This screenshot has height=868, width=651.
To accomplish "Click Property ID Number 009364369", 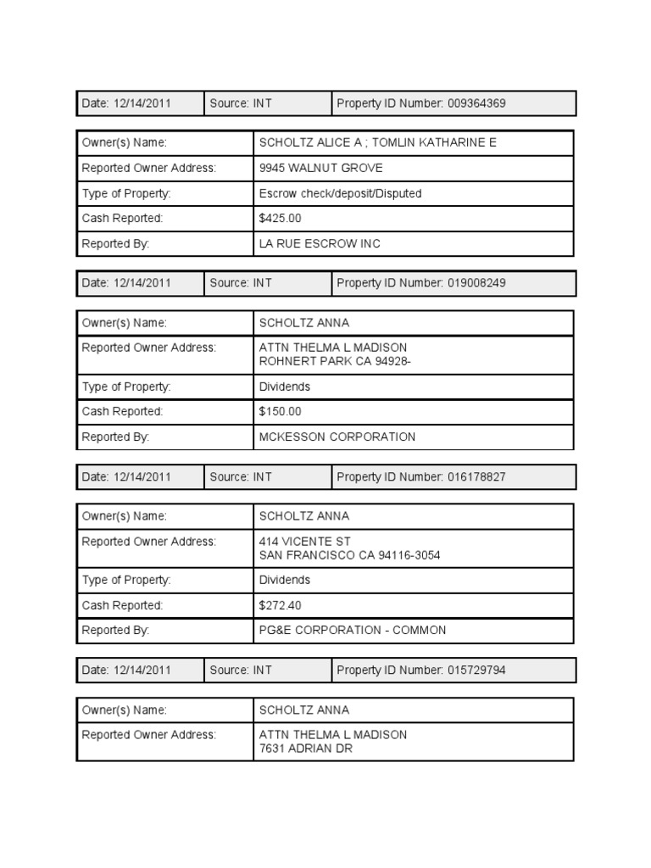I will pos(421,103).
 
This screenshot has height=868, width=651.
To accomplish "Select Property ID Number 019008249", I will pos(421,283).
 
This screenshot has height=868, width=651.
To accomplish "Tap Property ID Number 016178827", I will pos(421,477).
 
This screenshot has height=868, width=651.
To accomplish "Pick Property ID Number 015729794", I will pos(421,670).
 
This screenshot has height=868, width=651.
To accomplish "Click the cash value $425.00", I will pos(281,219).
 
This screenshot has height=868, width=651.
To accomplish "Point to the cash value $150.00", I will pos(281,412).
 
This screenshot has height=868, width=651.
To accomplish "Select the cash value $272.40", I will pos(281,605).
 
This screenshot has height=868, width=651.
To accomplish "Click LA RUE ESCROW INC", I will pos(320,244).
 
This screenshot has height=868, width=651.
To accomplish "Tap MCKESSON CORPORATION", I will pos(337,437).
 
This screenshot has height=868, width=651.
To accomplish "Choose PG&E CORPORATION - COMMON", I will pos(353,631).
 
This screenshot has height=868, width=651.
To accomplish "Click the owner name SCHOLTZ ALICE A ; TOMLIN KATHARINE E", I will pos(378,142).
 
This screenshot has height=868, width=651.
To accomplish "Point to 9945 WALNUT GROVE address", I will pos(321,168).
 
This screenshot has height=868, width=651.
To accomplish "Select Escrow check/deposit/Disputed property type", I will pos(340,193).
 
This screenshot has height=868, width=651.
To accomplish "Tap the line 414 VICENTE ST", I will pos(305,542).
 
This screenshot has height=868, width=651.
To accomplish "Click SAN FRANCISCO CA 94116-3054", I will pos(350,555).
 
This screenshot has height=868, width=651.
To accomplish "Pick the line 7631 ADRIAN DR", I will pos(306,749).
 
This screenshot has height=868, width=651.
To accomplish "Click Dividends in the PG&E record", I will pos(285,581).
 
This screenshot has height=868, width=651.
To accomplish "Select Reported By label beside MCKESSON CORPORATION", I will pos(115,437).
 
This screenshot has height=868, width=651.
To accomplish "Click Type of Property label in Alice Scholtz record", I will pos(126,193).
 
